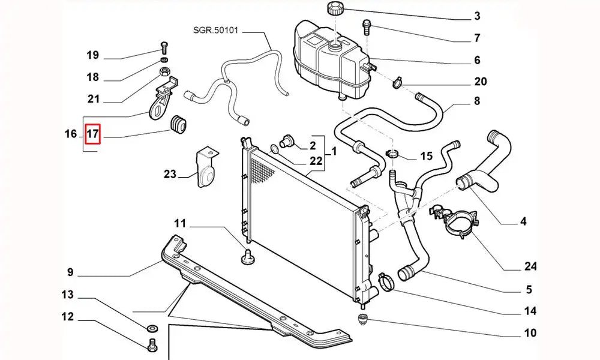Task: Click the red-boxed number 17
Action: tap(93, 134)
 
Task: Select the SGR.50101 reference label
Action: tap(215, 30)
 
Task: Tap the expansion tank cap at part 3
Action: tap(334, 10)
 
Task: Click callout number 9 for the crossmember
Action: tap(70, 273)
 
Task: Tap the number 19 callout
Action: tap(92, 56)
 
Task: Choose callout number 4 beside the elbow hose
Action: tap(523, 222)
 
